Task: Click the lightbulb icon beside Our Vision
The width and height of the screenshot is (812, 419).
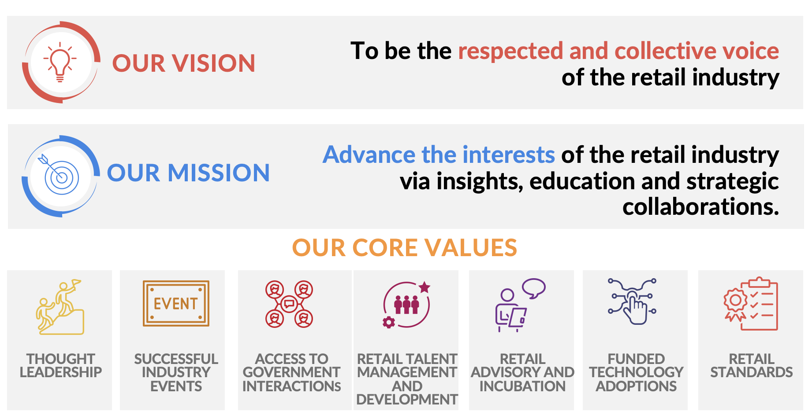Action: (x=60, y=62)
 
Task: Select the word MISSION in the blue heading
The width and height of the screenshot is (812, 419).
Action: (x=219, y=173)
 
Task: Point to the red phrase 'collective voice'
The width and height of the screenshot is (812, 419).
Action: (x=697, y=51)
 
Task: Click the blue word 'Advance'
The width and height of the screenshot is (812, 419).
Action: (x=369, y=154)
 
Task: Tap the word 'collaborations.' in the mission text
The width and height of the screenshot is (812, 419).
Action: (x=700, y=206)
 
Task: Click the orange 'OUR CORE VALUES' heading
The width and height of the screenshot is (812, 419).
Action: (x=405, y=247)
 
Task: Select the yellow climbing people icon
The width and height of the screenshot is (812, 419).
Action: (x=60, y=307)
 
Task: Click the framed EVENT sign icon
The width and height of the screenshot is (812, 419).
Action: (x=176, y=303)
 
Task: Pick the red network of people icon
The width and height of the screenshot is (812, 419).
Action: (x=289, y=304)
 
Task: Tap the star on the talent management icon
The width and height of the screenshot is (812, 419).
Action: (x=425, y=287)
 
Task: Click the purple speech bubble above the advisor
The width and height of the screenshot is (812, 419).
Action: (x=534, y=288)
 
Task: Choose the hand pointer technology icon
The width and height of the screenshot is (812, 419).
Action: (x=632, y=302)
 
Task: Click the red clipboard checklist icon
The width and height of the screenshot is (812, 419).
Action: (x=751, y=304)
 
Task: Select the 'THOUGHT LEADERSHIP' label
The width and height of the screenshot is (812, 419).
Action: (x=61, y=365)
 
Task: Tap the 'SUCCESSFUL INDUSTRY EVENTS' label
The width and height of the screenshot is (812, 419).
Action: (x=176, y=372)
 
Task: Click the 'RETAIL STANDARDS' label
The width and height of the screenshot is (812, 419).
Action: (x=752, y=365)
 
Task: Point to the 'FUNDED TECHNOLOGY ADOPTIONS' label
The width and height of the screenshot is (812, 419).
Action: (x=636, y=372)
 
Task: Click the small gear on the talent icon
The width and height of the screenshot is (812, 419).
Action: (x=388, y=323)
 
